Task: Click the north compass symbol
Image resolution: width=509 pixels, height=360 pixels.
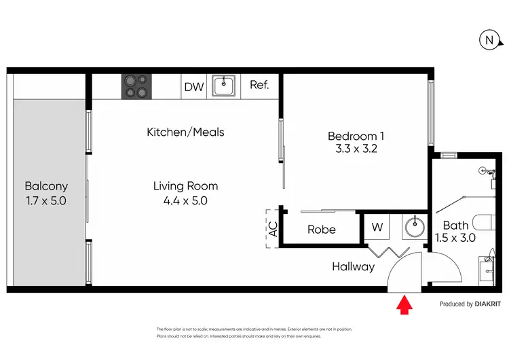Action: click(x=489, y=41)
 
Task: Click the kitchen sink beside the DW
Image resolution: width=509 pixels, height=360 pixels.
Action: click(x=223, y=86)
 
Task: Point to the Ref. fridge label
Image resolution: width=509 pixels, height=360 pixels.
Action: click(x=259, y=86)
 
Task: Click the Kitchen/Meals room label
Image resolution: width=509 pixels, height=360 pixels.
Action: click(x=185, y=132)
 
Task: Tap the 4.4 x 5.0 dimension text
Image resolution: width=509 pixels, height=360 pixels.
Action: click(x=185, y=201)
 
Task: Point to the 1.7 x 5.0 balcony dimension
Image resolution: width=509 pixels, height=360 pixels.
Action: click(x=46, y=201)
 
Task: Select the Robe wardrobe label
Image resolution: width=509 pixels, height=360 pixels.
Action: click(x=321, y=230)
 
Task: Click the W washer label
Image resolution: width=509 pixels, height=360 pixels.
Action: click(x=377, y=228)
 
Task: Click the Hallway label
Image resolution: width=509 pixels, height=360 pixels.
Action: click(x=353, y=267)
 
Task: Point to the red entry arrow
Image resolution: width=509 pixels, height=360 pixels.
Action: click(x=404, y=306)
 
